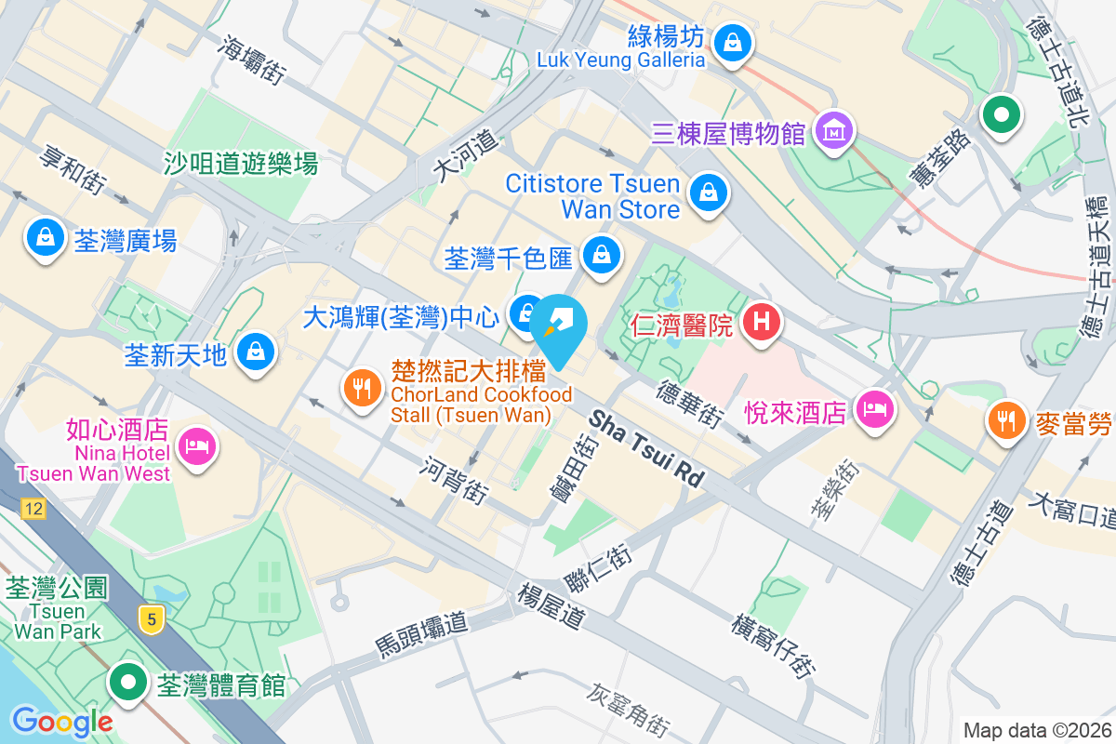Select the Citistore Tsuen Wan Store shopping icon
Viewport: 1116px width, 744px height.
[x=709, y=193]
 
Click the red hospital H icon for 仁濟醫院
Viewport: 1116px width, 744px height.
[x=761, y=323]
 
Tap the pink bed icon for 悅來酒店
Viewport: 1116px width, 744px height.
[x=874, y=408]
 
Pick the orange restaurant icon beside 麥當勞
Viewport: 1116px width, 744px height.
[x=1005, y=421]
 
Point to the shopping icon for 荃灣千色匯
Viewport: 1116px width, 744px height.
[x=602, y=253]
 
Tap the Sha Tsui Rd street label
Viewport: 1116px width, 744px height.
[x=645, y=447]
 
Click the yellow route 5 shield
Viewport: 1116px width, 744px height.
[x=149, y=618]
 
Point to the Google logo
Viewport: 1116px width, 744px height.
[x=62, y=721]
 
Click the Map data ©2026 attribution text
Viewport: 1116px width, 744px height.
[x=1036, y=730]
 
